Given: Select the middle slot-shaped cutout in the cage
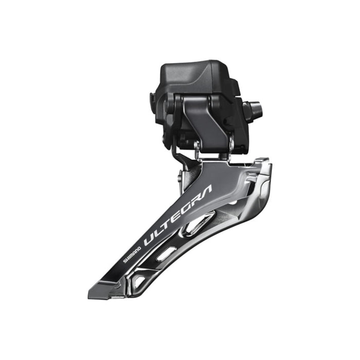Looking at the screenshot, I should point(166,254).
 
